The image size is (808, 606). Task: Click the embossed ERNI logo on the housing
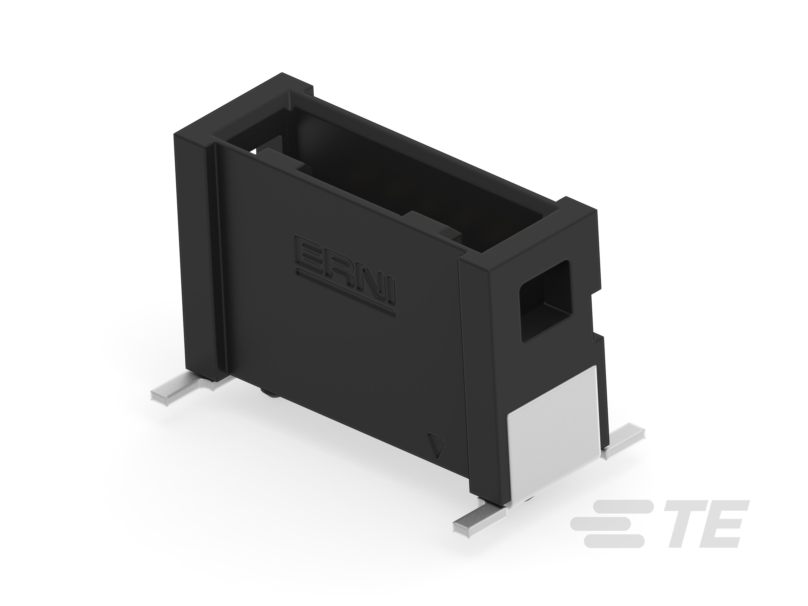(x=345, y=276)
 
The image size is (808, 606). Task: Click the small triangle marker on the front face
(x=437, y=445)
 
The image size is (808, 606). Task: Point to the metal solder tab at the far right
(x=623, y=442)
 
